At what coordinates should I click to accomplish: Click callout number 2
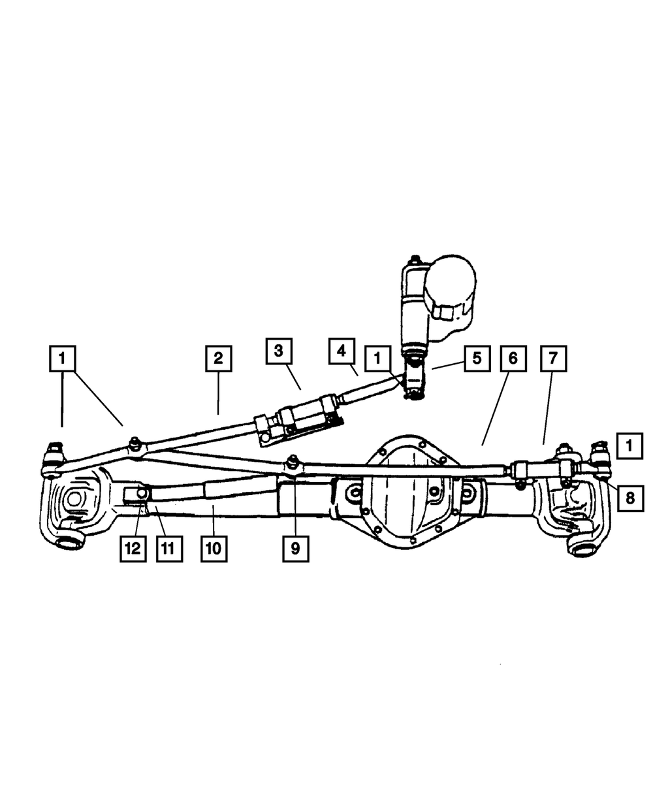[217, 358]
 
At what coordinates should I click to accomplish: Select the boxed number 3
[278, 351]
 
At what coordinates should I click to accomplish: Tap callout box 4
[342, 351]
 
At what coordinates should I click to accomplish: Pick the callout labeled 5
[477, 359]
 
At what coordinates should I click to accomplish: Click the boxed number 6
[513, 359]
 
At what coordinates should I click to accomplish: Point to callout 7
[553, 359]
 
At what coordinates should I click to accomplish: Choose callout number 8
[629, 498]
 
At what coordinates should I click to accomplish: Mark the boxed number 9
[295, 549]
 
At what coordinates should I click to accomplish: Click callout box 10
[214, 549]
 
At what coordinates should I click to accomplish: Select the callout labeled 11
[168, 549]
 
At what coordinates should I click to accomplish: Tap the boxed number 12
[133, 549]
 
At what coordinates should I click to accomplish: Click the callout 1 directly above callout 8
[629, 446]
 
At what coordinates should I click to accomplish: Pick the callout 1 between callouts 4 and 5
[377, 359]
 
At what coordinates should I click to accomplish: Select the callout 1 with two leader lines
[63, 358]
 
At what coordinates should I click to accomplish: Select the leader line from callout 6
[496, 405]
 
